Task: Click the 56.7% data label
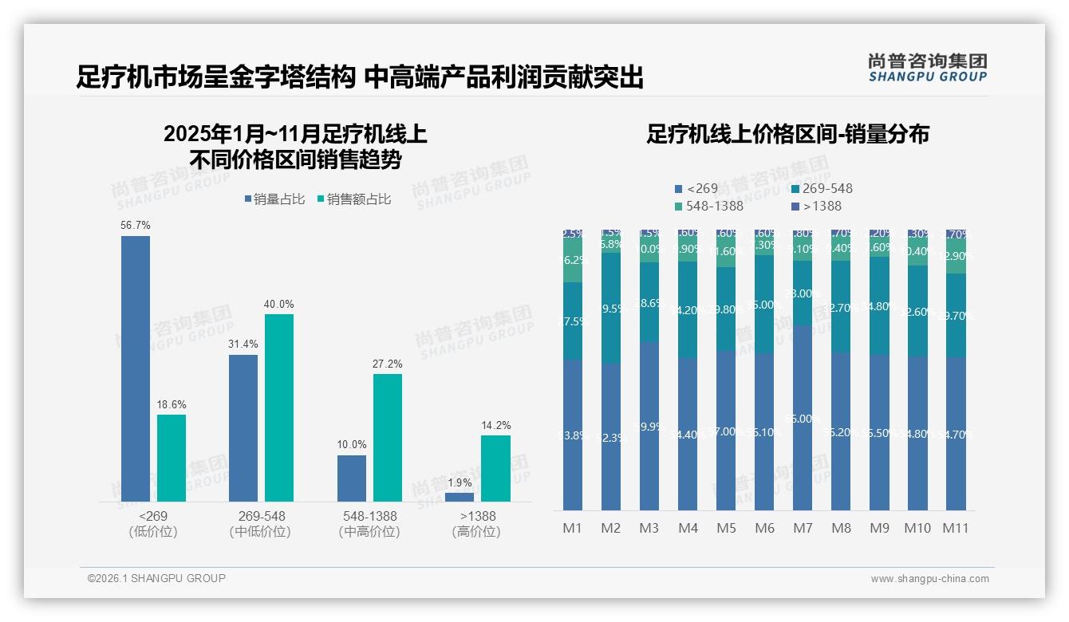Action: pyautogui.click(x=136, y=226)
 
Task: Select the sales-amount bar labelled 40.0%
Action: pyautogui.click(x=279, y=407)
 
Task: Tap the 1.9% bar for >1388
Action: pyautogui.click(x=460, y=497)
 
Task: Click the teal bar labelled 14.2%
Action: pyautogui.click(x=495, y=468)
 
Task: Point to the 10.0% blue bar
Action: pyautogui.click(x=352, y=478)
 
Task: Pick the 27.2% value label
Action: pyautogui.click(x=388, y=364)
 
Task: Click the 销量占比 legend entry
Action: pyautogui.click(x=275, y=199)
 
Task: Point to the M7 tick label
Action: pyautogui.click(x=803, y=528)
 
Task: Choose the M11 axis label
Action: pyautogui.click(x=956, y=528)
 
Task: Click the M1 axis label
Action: pyautogui.click(x=573, y=528)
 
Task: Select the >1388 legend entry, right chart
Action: pyautogui.click(x=818, y=207)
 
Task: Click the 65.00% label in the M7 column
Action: pyautogui.click(x=803, y=419)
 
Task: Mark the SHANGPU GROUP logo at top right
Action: pyautogui.click(x=927, y=68)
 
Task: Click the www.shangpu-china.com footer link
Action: pyautogui.click(x=929, y=579)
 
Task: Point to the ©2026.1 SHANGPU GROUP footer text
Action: pyautogui.click(x=157, y=578)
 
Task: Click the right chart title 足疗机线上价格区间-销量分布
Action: pyautogui.click(x=787, y=135)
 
